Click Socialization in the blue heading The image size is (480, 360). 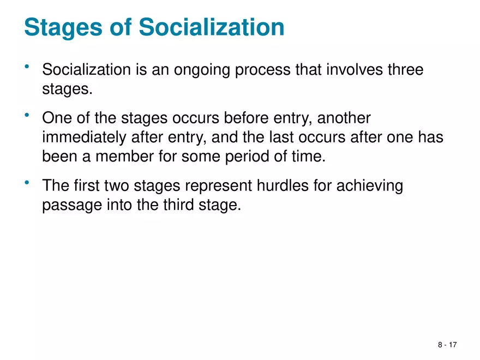(211, 27)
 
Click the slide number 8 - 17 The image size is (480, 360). (447, 345)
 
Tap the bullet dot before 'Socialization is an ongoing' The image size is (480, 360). (27, 67)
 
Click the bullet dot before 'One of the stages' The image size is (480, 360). (27, 114)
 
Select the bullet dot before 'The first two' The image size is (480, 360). (27, 182)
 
